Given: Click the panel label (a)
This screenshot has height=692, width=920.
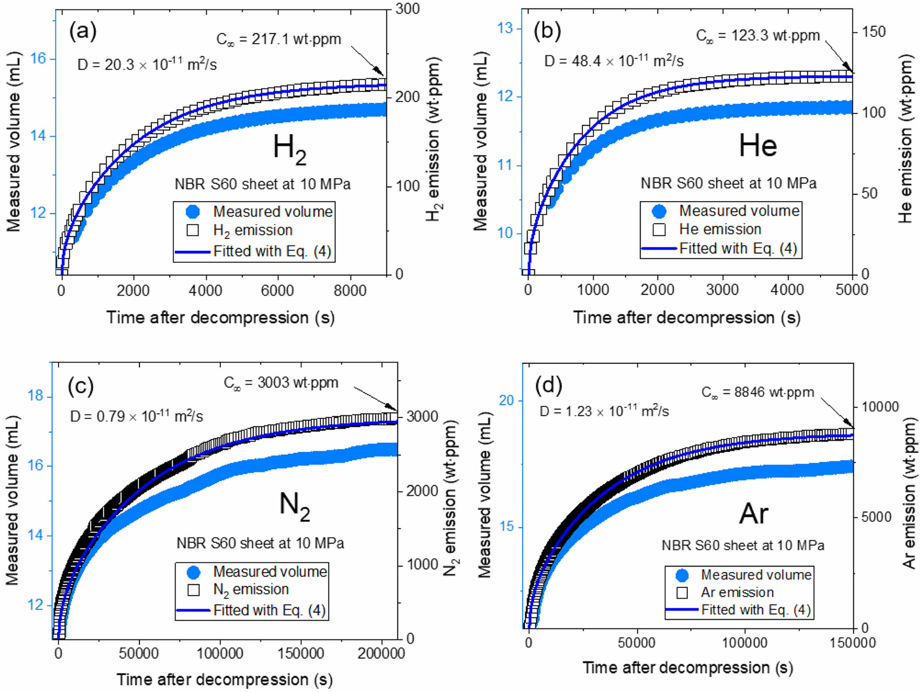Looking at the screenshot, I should coord(83,31).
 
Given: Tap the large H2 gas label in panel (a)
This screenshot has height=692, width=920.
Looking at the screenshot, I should coord(290,149).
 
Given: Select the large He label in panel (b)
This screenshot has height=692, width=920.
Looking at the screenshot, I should coord(758,146).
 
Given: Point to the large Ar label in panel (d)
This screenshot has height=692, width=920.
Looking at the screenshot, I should coord(754,513).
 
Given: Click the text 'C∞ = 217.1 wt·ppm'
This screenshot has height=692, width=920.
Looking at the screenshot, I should coord(278,39).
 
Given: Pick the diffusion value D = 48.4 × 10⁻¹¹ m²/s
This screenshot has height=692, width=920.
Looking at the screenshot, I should coord(614,61).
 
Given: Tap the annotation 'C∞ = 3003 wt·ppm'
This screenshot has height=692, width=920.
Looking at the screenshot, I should coord(281,382).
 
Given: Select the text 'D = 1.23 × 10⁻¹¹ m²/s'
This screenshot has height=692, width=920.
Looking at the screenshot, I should coord(604,411).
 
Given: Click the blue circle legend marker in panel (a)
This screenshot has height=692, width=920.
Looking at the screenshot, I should coord(193,211).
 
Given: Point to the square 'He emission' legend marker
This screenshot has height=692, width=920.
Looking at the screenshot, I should coord(659,229).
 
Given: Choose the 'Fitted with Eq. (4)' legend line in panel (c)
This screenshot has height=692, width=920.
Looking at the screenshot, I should coord(193,610).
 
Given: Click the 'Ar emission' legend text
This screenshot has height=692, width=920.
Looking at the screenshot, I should coord(737,592).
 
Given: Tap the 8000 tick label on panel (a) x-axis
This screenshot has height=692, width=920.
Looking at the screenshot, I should coord(350,291).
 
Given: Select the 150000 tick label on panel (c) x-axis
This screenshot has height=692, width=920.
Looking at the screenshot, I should coord(300,653).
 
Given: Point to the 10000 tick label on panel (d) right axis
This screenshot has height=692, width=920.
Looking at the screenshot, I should coord(880,407).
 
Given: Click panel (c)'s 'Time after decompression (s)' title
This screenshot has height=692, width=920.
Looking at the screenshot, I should coord(224,679).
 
